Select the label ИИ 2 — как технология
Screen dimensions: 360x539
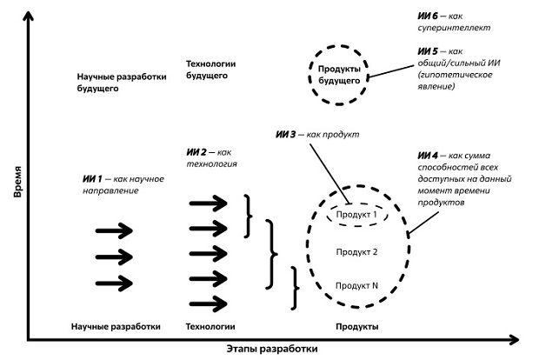click(x=212, y=157)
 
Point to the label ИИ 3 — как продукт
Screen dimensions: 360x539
click(x=316, y=135)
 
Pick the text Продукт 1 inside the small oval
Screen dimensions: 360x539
click(x=356, y=215)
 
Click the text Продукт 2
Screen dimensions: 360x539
click(x=356, y=251)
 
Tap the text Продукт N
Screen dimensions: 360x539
click(x=356, y=285)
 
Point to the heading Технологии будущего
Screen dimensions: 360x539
click(x=212, y=70)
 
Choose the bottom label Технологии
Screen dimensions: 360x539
click(x=211, y=327)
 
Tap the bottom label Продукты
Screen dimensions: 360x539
click(x=356, y=327)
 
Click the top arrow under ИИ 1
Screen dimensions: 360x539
click(x=114, y=230)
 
